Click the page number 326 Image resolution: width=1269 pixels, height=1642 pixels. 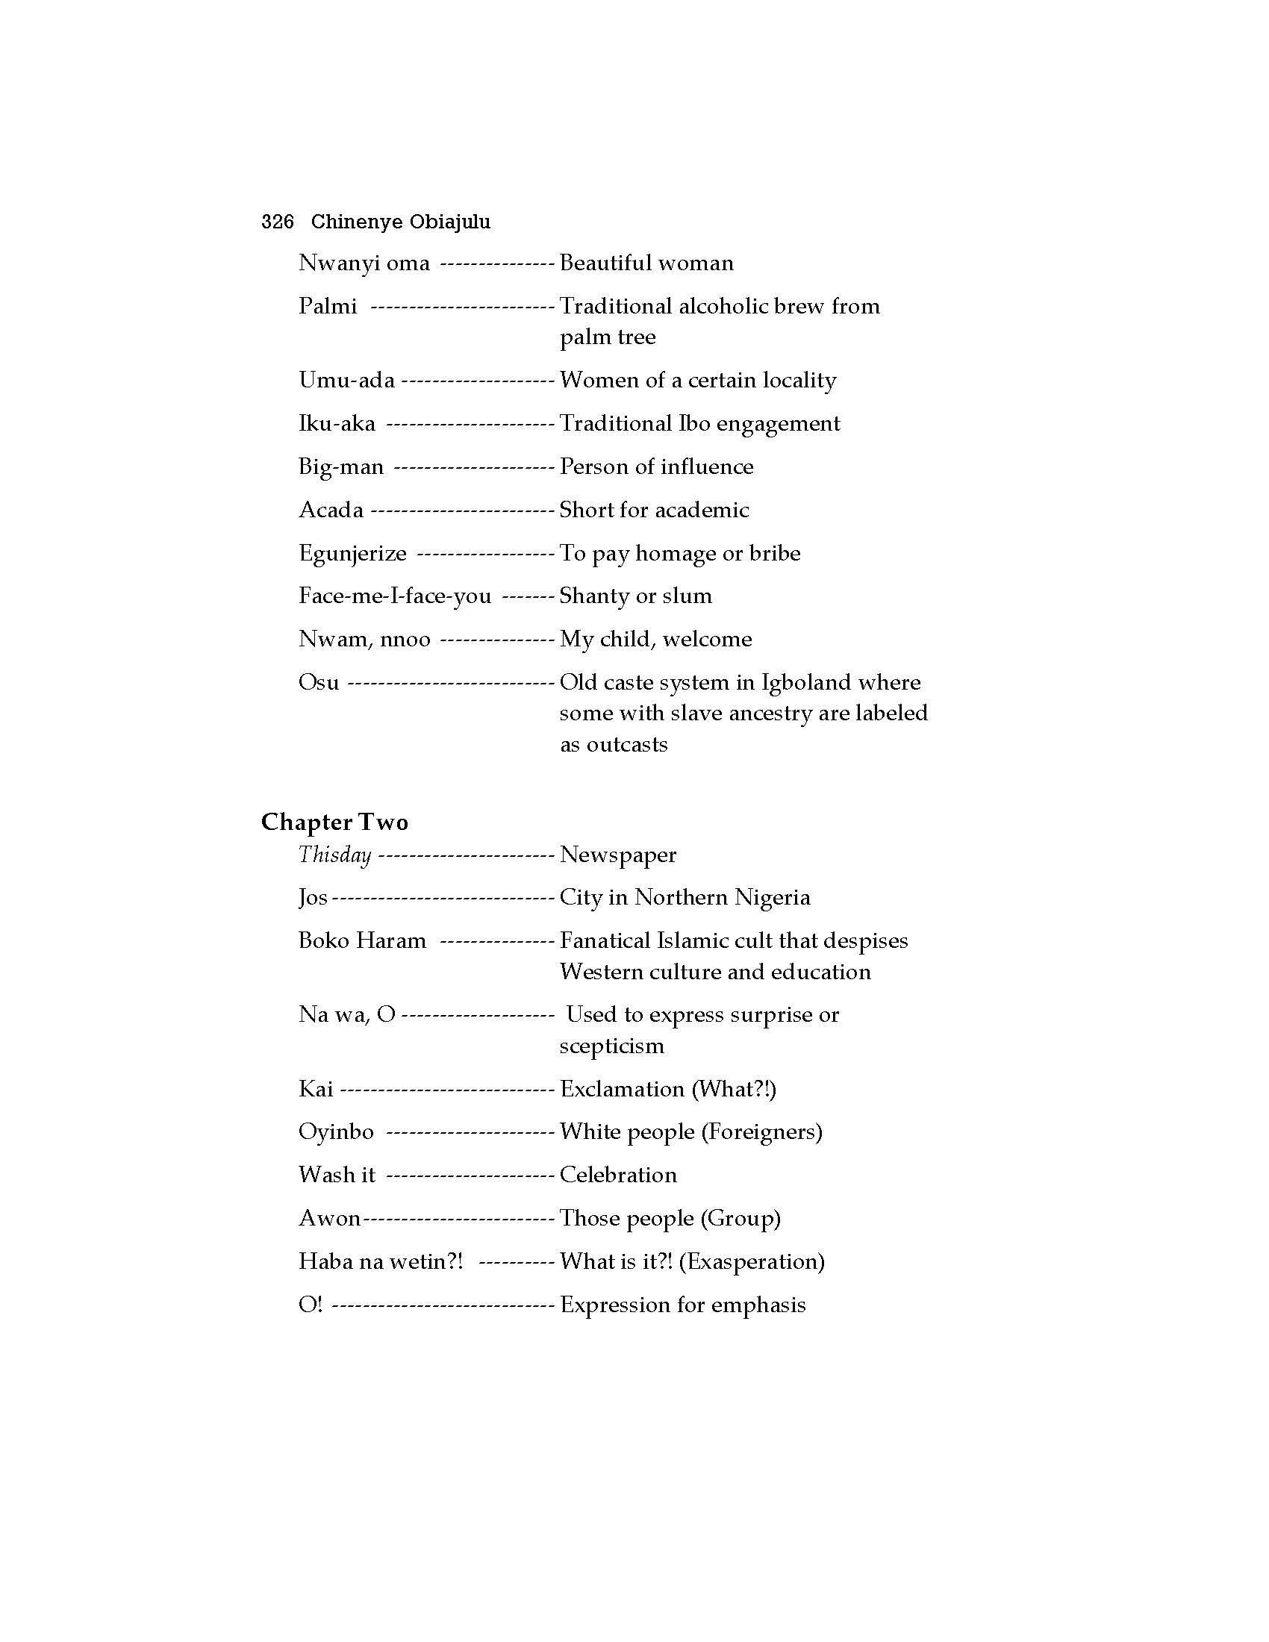[x=278, y=222]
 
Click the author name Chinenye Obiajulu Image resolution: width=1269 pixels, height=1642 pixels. [x=401, y=222]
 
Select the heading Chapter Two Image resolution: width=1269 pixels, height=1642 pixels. [x=334, y=822]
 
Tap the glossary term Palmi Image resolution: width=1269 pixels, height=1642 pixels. [x=328, y=306]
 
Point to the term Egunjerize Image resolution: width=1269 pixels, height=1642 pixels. [x=352, y=553]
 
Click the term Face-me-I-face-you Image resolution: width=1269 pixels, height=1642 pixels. [x=395, y=596]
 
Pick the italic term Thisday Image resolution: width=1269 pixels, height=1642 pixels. [x=334, y=855]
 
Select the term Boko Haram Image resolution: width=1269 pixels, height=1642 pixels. [x=362, y=940]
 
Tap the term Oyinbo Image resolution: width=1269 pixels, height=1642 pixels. [x=336, y=1131]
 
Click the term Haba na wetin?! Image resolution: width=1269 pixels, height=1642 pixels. [x=381, y=1261]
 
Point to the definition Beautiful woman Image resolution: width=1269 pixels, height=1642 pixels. [x=646, y=263]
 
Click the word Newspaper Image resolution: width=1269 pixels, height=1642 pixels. [x=618, y=855]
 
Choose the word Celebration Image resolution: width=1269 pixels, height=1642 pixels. [x=618, y=1174]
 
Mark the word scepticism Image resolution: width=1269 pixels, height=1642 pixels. [x=612, y=1046]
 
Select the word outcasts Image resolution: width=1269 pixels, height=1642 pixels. [x=627, y=744]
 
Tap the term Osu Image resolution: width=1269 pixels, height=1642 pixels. [x=319, y=683]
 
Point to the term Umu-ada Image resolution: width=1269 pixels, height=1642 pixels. [x=346, y=380]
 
